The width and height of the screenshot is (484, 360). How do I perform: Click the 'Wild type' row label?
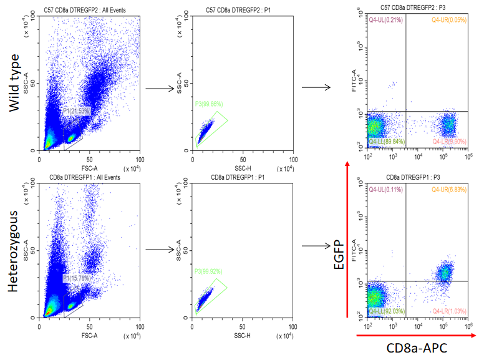(16, 82)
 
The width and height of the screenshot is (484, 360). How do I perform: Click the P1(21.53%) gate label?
(77, 111)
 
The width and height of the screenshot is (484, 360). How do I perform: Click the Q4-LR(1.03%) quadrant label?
(448, 310)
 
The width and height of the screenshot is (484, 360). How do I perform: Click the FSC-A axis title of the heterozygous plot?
(89, 334)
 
